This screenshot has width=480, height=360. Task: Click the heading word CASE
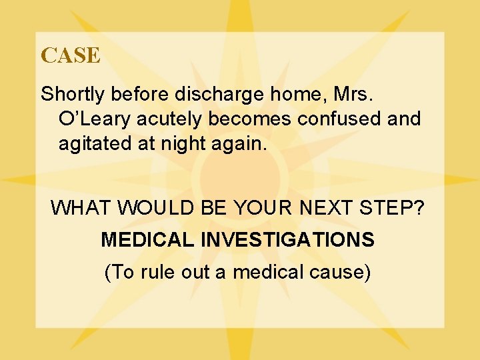coord(71,55)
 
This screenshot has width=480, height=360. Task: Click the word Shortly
coord(73,95)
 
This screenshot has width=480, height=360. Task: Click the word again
coord(243,144)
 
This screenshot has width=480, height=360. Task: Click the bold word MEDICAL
coord(146,240)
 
